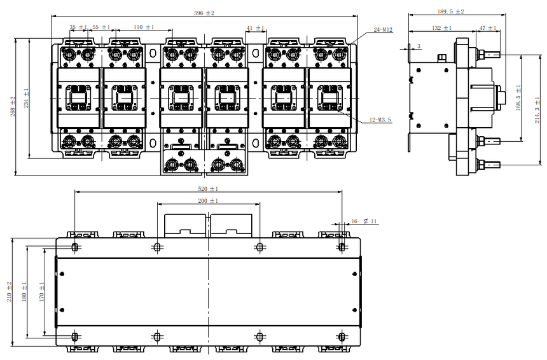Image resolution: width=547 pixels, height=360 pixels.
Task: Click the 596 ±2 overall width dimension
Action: [x=204, y=13]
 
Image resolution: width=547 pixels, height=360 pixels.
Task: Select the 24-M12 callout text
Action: [x=383, y=30]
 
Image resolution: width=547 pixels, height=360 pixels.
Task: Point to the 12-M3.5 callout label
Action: [x=380, y=120]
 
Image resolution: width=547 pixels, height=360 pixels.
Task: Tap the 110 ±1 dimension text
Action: [x=144, y=27]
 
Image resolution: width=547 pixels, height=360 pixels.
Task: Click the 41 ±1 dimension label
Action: [x=255, y=28]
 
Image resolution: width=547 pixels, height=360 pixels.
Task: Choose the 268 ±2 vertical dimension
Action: [x=13, y=106]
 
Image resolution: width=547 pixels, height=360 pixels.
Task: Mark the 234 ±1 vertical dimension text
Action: [x=26, y=98]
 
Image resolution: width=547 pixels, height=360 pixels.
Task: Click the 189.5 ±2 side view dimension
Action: [x=451, y=11]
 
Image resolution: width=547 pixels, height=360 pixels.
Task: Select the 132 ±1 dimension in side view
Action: [x=441, y=28]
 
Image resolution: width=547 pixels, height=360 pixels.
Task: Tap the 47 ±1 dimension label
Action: [x=488, y=28]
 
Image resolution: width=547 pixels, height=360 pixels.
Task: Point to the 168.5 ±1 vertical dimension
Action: [x=518, y=98]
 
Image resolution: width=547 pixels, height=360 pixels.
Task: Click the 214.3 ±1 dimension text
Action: [x=537, y=109]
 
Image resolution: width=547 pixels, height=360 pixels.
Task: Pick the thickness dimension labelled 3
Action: [x=419, y=46]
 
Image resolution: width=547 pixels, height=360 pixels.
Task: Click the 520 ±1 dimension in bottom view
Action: [x=208, y=189]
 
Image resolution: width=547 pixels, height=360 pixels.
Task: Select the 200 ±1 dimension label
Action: [x=208, y=201]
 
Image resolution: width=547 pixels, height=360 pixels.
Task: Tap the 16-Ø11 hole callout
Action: [x=364, y=221]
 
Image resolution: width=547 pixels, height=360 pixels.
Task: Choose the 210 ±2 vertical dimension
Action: [x=10, y=292]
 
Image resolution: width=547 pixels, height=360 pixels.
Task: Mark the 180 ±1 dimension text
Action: [x=24, y=292]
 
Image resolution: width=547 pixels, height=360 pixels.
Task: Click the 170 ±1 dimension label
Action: [x=41, y=292]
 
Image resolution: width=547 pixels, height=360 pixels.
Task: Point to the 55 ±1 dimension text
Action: [x=101, y=27]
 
